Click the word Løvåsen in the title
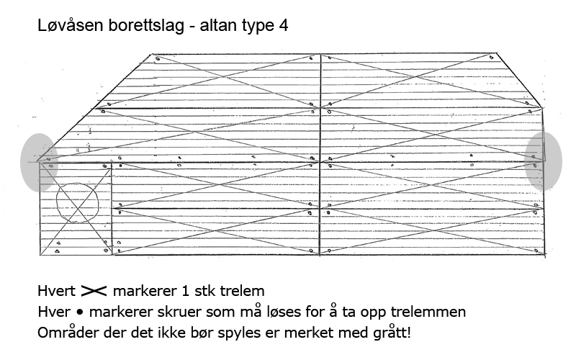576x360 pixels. click(x=70, y=25)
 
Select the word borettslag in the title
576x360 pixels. click(x=146, y=25)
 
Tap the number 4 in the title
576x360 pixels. click(x=283, y=26)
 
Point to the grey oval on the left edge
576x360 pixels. click(x=39, y=163)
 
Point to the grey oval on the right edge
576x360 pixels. click(x=544, y=161)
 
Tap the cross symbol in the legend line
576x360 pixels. click(x=94, y=291)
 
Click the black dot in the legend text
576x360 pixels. click(x=80, y=312)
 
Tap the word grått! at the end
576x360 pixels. click(x=392, y=333)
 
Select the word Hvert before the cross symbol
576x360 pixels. click(x=56, y=291)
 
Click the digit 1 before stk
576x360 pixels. click(x=186, y=291)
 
